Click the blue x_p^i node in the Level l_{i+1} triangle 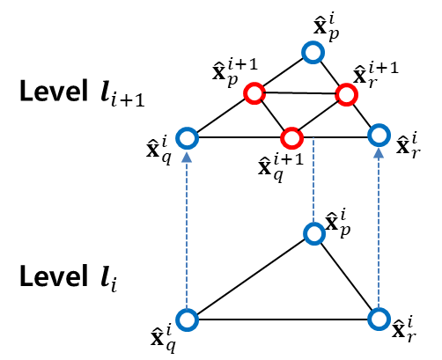(313, 53)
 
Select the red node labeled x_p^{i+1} (254, 92)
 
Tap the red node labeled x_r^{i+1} (345, 94)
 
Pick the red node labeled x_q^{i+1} (291, 138)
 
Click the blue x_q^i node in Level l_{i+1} (186, 137)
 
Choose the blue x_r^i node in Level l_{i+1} (379, 136)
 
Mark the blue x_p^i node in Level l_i (313, 233)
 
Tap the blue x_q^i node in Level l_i (186, 319)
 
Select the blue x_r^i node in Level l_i (379, 318)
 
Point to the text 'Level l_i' (67, 279)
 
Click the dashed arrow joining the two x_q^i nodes (186, 229)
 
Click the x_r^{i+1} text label (373, 73)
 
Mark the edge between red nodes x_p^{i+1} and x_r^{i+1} (299, 93)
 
